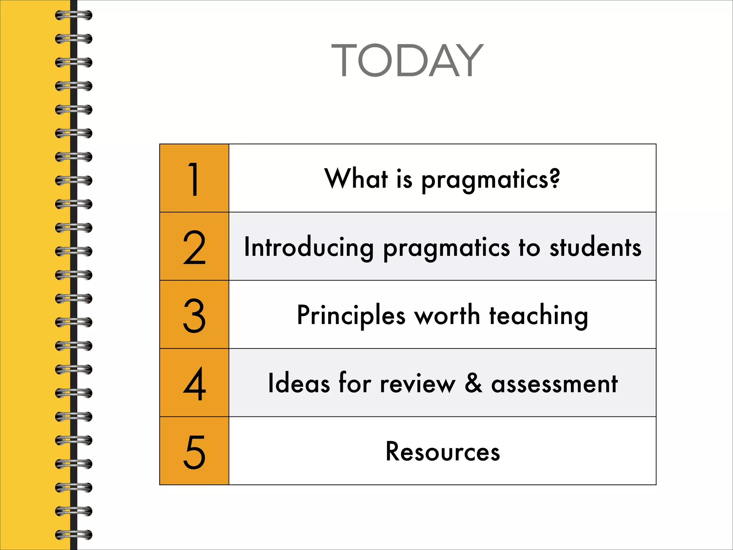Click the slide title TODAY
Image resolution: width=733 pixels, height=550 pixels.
[x=407, y=60]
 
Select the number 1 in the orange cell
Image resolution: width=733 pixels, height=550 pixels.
[x=194, y=179]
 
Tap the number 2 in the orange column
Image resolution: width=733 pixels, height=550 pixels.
[x=194, y=247]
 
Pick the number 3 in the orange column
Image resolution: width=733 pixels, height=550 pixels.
[x=194, y=315]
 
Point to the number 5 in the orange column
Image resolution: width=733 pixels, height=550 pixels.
[x=194, y=452]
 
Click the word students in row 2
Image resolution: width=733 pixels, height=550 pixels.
[x=596, y=247]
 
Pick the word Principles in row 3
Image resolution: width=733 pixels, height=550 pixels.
[x=351, y=316]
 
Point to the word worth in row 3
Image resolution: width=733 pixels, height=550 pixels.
[x=447, y=315]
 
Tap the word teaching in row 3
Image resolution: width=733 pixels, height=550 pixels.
[x=539, y=316]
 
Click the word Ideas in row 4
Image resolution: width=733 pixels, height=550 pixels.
[x=299, y=383]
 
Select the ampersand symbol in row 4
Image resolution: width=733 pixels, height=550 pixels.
[x=474, y=383]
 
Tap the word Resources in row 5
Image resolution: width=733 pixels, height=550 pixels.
[x=443, y=452]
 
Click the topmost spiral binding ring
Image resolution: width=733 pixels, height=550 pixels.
[x=74, y=15]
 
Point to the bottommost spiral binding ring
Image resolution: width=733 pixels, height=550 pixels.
[x=74, y=535]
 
